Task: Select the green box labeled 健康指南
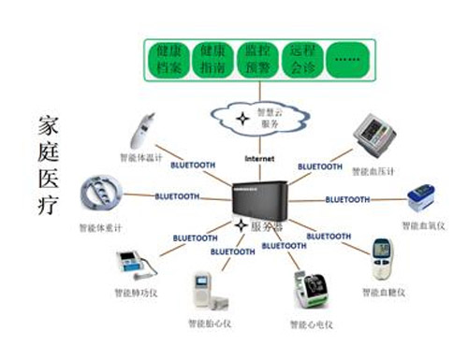tap(212, 58)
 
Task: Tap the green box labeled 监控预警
tap(257, 58)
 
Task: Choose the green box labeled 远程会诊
tap(303, 58)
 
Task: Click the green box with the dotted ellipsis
tap(347, 58)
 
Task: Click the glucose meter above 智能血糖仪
tap(383, 258)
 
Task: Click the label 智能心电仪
tap(312, 324)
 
